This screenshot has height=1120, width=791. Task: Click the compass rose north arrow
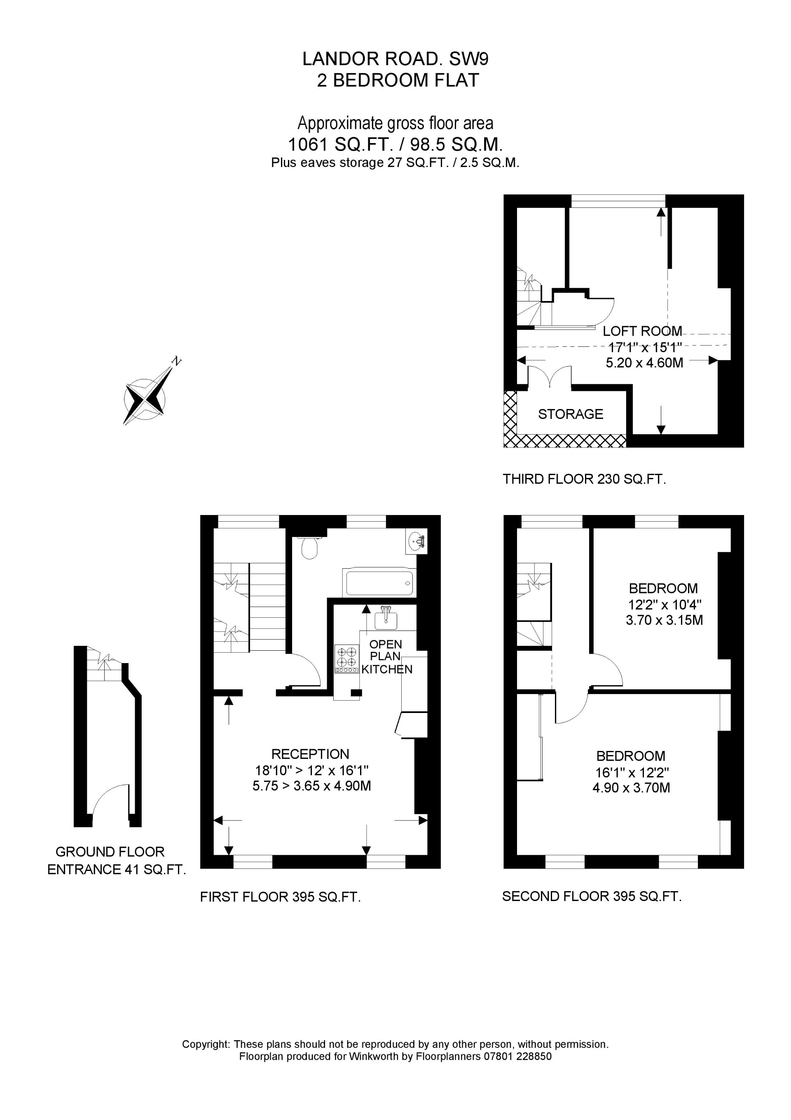click(145, 400)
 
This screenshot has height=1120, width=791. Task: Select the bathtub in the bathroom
click(379, 582)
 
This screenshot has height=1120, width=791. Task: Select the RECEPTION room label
click(311, 754)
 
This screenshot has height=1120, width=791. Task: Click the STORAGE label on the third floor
click(570, 414)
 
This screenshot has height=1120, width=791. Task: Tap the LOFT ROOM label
click(642, 331)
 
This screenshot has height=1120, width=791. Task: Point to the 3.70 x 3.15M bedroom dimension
click(664, 621)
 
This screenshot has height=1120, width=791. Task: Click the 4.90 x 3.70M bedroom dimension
click(631, 788)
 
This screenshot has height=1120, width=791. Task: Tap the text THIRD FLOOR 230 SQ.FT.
click(584, 479)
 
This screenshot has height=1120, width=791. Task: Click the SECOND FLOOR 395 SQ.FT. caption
click(592, 896)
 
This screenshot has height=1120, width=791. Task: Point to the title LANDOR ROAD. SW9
click(395, 59)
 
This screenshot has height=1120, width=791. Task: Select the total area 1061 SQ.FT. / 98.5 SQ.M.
click(395, 145)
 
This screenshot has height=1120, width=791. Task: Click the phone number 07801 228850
click(517, 1056)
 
